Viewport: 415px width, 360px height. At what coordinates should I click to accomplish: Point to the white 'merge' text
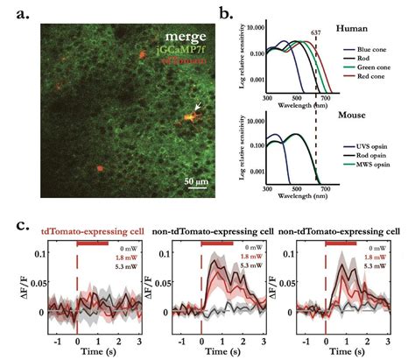[x=180, y=39]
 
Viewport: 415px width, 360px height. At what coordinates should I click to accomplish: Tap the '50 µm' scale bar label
[x=194, y=181]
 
